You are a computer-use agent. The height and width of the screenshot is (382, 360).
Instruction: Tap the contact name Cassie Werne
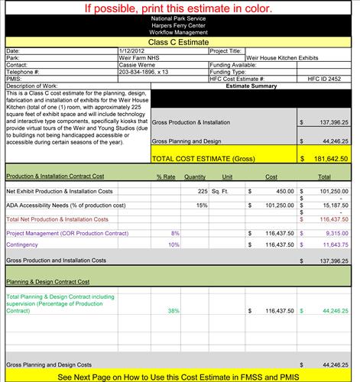pyautogui.click(x=136, y=65)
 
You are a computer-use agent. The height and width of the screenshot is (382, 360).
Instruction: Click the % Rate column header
pyautogui.click(x=167, y=176)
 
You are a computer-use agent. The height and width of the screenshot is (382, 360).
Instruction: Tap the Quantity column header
pyautogui.click(x=196, y=176)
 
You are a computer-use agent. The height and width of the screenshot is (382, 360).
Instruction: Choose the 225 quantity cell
pyautogui.click(x=203, y=191)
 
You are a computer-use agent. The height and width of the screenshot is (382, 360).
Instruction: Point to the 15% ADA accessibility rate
pyautogui.click(x=202, y=206)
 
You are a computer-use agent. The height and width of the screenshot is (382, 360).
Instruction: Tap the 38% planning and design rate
pyautogui.click(x=174, y=311)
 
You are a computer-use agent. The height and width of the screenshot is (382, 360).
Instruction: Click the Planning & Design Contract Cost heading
pyautogui.click(x=47, y=281)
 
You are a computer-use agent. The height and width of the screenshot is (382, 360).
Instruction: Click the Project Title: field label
pyautogui.click(x=225, y=50)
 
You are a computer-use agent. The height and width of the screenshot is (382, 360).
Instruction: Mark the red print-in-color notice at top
pyautogui.click(x=179, y=9)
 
